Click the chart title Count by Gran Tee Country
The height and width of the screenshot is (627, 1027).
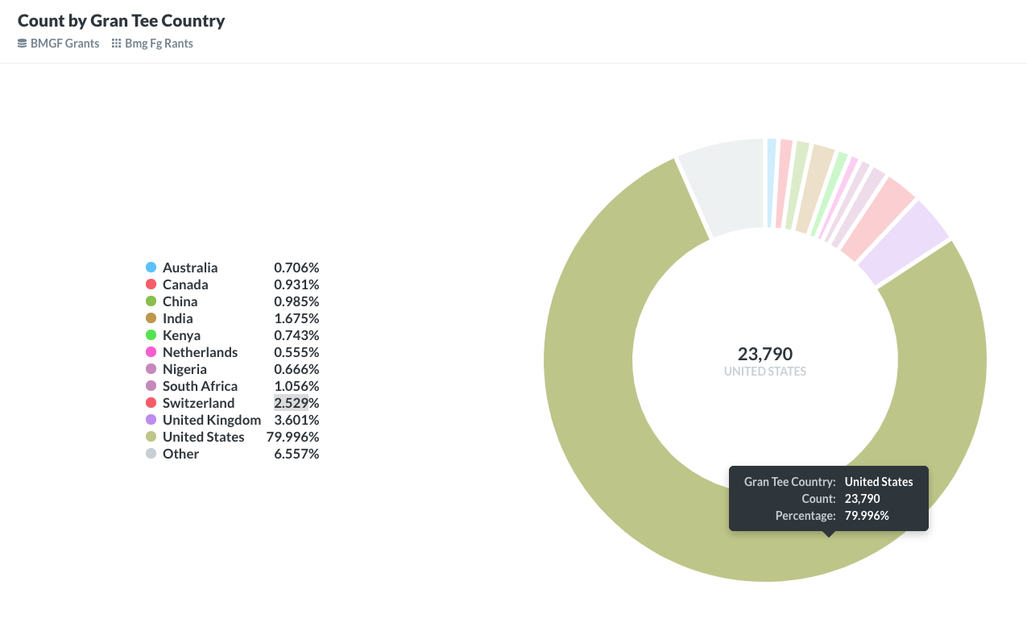[x=121, y=21]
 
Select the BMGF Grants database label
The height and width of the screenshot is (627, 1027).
[x=64, y=44]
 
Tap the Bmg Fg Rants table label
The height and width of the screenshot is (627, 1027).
[x=159, y=44]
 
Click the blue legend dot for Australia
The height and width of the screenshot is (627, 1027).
[x=151, y=268]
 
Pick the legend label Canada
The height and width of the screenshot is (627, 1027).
[x=185, y=284]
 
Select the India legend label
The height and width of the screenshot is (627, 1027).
[x=178, y=318]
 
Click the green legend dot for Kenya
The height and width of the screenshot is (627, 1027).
[x=151, y=335]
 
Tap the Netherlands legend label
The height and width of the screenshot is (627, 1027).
[x=200, y=352]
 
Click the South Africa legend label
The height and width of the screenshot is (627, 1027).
[x=200, y=386]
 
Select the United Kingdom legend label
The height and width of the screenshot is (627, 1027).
[x=212, y=420]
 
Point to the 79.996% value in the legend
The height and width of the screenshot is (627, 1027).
[x=292, y=437]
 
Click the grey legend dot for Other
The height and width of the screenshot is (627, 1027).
[x=151, y=454]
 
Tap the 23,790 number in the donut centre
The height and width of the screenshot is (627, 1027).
[x=765, y=354]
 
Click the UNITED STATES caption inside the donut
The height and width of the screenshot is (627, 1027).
[x=765, y=372]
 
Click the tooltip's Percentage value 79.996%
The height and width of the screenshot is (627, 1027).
[x=867, y=515]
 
